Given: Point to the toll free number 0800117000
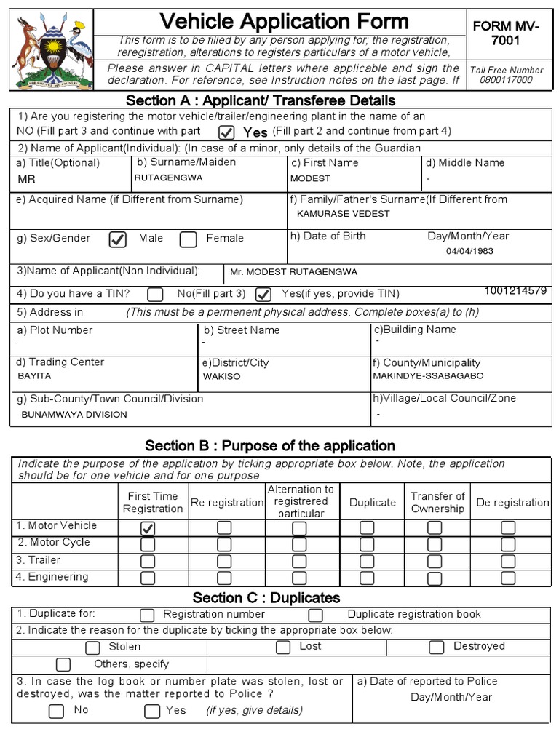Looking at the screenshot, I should [506, 80].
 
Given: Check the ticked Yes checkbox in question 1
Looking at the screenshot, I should [227, 132].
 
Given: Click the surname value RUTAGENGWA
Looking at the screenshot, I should [168, 178].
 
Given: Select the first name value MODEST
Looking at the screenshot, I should [310, 178].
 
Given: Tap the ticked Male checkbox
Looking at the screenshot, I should [117, 239].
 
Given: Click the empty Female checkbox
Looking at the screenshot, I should [189, 239].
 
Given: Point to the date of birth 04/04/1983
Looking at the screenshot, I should [469, 251].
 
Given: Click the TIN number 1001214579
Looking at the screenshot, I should [515, 290].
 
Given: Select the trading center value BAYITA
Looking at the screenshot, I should [34, 376].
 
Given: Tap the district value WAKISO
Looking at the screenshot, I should [221, 377].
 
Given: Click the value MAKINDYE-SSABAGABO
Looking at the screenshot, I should [428, 376].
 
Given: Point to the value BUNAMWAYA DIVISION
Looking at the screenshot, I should [74, 414].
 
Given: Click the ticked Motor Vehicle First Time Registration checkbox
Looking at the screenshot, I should [148, 528].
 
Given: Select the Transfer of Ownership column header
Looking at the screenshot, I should [437, 502].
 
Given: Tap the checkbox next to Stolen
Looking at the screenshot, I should [92, 648].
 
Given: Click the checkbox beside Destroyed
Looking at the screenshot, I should [437, 647].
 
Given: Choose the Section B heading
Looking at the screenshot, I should [270, 445].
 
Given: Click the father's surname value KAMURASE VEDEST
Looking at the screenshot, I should [344, 214].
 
